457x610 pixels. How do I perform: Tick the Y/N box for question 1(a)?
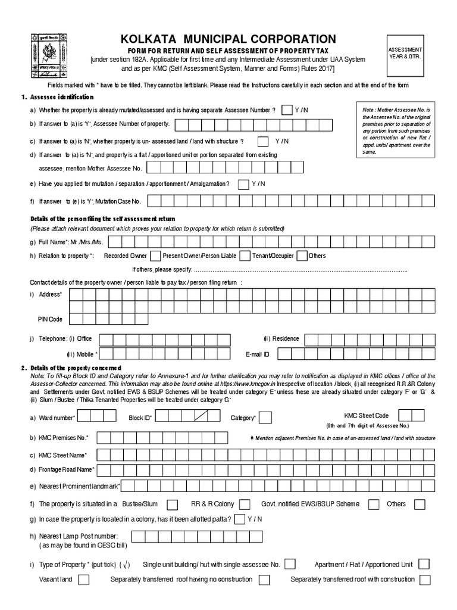point(286,110)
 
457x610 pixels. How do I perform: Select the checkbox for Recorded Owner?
point(155,256)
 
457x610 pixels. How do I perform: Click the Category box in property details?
point(265,417)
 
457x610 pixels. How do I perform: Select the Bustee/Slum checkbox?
point(172,505)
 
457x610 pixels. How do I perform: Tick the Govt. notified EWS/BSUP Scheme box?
point(374,505)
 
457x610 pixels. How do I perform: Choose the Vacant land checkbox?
point(84,580)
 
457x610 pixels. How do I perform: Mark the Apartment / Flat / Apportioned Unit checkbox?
point(424,564)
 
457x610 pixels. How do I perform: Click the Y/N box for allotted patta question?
point(240,519)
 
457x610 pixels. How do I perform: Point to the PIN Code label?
point(50,319)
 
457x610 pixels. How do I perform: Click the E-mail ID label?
point(258,354)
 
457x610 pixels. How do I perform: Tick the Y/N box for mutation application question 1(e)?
point(243,185)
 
